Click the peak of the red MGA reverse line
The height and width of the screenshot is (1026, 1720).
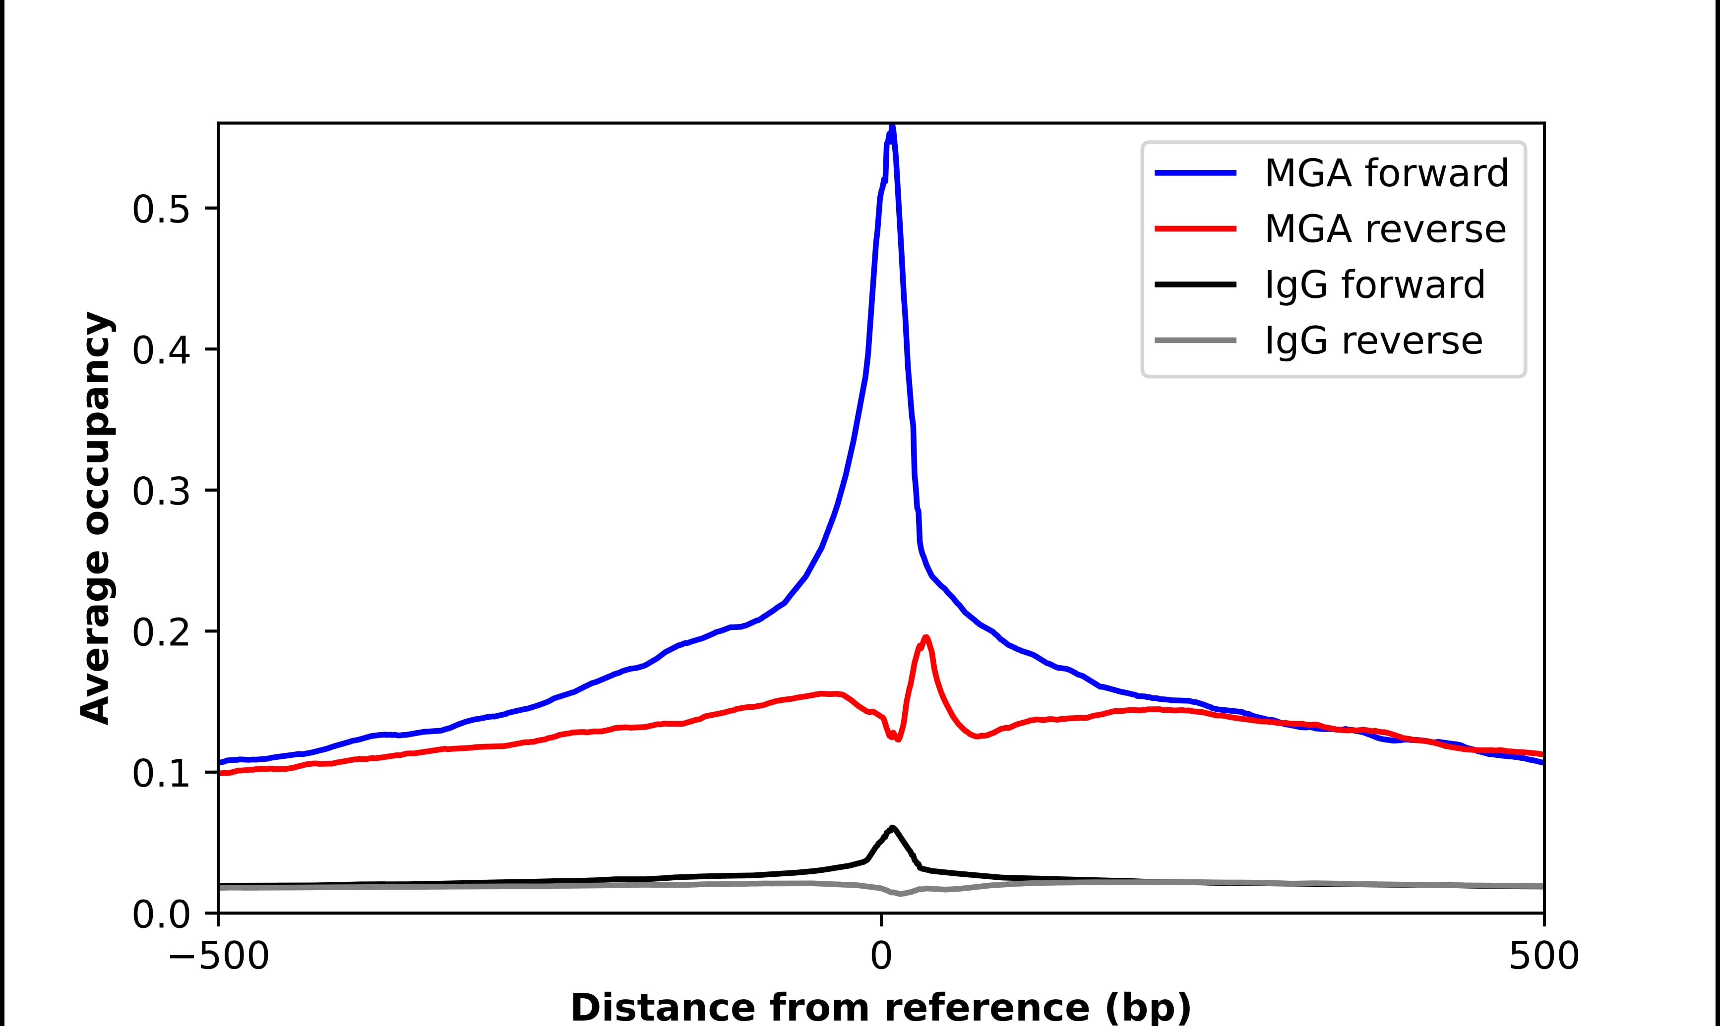925,637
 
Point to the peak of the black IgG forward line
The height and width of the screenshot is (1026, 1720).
892,828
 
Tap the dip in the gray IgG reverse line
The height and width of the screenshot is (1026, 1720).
901,894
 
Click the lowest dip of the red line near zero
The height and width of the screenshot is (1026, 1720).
898,739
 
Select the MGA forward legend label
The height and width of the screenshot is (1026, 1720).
1386,173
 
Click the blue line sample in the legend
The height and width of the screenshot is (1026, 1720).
1195,173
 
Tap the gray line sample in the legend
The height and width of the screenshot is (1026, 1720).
1195,340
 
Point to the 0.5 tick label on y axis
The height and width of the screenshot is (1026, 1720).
161,210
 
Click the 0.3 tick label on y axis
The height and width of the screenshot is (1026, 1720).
161,492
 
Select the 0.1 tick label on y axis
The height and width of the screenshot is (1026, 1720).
161,774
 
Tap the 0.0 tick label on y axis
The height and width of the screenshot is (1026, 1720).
161,915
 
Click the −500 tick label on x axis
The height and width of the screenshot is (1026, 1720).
219,958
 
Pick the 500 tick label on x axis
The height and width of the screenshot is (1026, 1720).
1543,958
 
